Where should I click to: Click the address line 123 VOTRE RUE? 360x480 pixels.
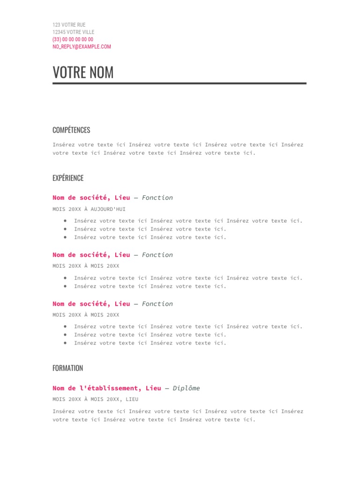69,25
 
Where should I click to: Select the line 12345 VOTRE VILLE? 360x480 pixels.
73,32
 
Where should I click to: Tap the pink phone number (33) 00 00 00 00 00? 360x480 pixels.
73,39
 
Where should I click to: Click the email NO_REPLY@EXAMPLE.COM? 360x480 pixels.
82,47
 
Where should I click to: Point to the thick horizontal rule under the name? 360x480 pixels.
180,83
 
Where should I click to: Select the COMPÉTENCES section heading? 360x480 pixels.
71,130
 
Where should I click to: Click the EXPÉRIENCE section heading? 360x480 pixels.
68,178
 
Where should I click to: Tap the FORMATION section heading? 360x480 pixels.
67,368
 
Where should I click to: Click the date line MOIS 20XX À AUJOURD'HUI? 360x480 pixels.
89,209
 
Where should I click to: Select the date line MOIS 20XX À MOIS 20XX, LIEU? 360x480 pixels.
95,399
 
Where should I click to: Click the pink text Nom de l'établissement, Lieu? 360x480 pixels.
106,388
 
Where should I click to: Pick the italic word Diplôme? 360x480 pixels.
186,388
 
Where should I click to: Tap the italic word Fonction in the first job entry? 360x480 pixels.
157,198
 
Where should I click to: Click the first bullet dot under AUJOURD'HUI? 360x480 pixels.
65,221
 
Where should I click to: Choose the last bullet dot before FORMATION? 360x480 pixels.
65,343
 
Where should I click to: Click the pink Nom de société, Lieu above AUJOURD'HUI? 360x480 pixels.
91,198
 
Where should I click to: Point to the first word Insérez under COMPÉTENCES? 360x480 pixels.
63,145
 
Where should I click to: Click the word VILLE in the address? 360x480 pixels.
87,32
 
